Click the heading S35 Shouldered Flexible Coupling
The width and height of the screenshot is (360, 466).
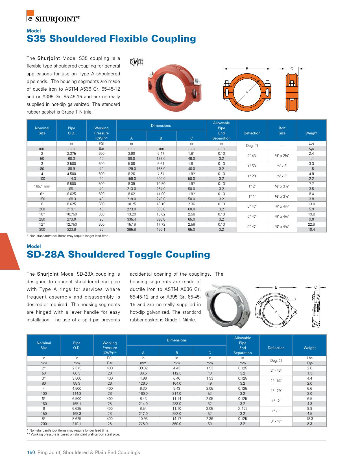pyautogui.click(x=111, y=38)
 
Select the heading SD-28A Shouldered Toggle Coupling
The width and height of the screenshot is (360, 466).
pyautogui.click(x=118, y=254)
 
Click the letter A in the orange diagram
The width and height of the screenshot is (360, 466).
pyautogui.click(x=246, y=93)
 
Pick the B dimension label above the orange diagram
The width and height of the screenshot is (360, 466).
pyautogui.click(x=247, y=69)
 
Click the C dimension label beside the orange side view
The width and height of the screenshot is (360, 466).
pyautogui.click(x=292, y=69)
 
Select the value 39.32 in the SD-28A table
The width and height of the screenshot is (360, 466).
pyautogui.click(x=143, y=368)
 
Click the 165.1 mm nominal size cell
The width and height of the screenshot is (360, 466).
pyautogui.click(x=42, y=186)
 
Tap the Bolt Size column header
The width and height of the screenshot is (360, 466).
pyautogui.click(x=282, y=130)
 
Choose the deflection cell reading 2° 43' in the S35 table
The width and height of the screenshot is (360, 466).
pyautogui.click(x=252, y=156)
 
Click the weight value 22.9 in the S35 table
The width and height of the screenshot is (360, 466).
pyautogui.click(x=311, y=225)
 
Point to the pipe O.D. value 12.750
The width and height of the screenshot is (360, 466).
pyautogui.click(x=71, y=225)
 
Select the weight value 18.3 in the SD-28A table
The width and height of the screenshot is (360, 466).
pyautogui.click(x=309, y=419)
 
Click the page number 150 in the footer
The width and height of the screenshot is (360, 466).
pyautogui.click(x=30, y=452)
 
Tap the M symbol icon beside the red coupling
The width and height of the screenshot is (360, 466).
pyautogui.click(x=136, y=61)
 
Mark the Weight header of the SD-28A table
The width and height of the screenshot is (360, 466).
pyautogui.click(x=309, y=348)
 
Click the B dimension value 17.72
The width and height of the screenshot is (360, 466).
pyautogui.click(x=161, y=225)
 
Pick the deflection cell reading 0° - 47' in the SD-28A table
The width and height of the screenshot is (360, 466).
pyautogui.click(x=276, y=421)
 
